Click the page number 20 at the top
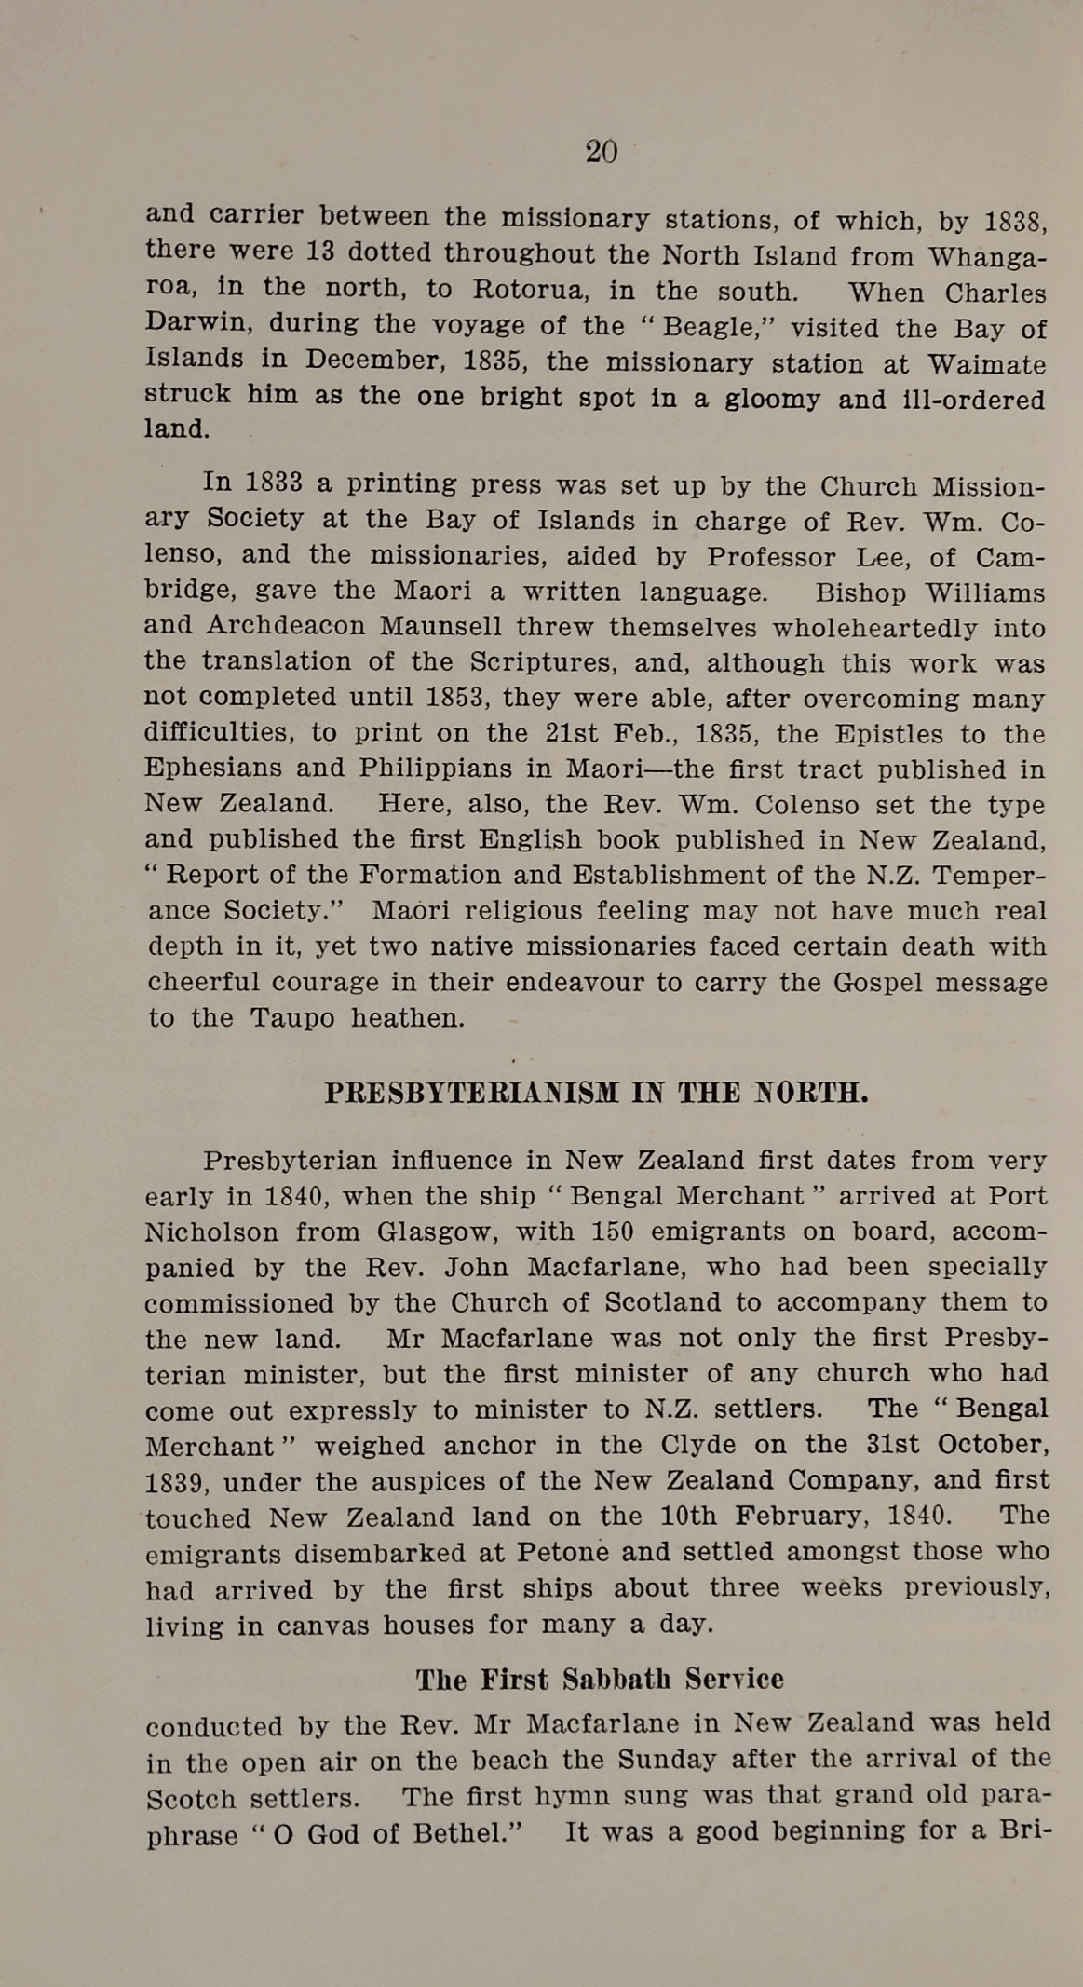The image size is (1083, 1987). point(601,151)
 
